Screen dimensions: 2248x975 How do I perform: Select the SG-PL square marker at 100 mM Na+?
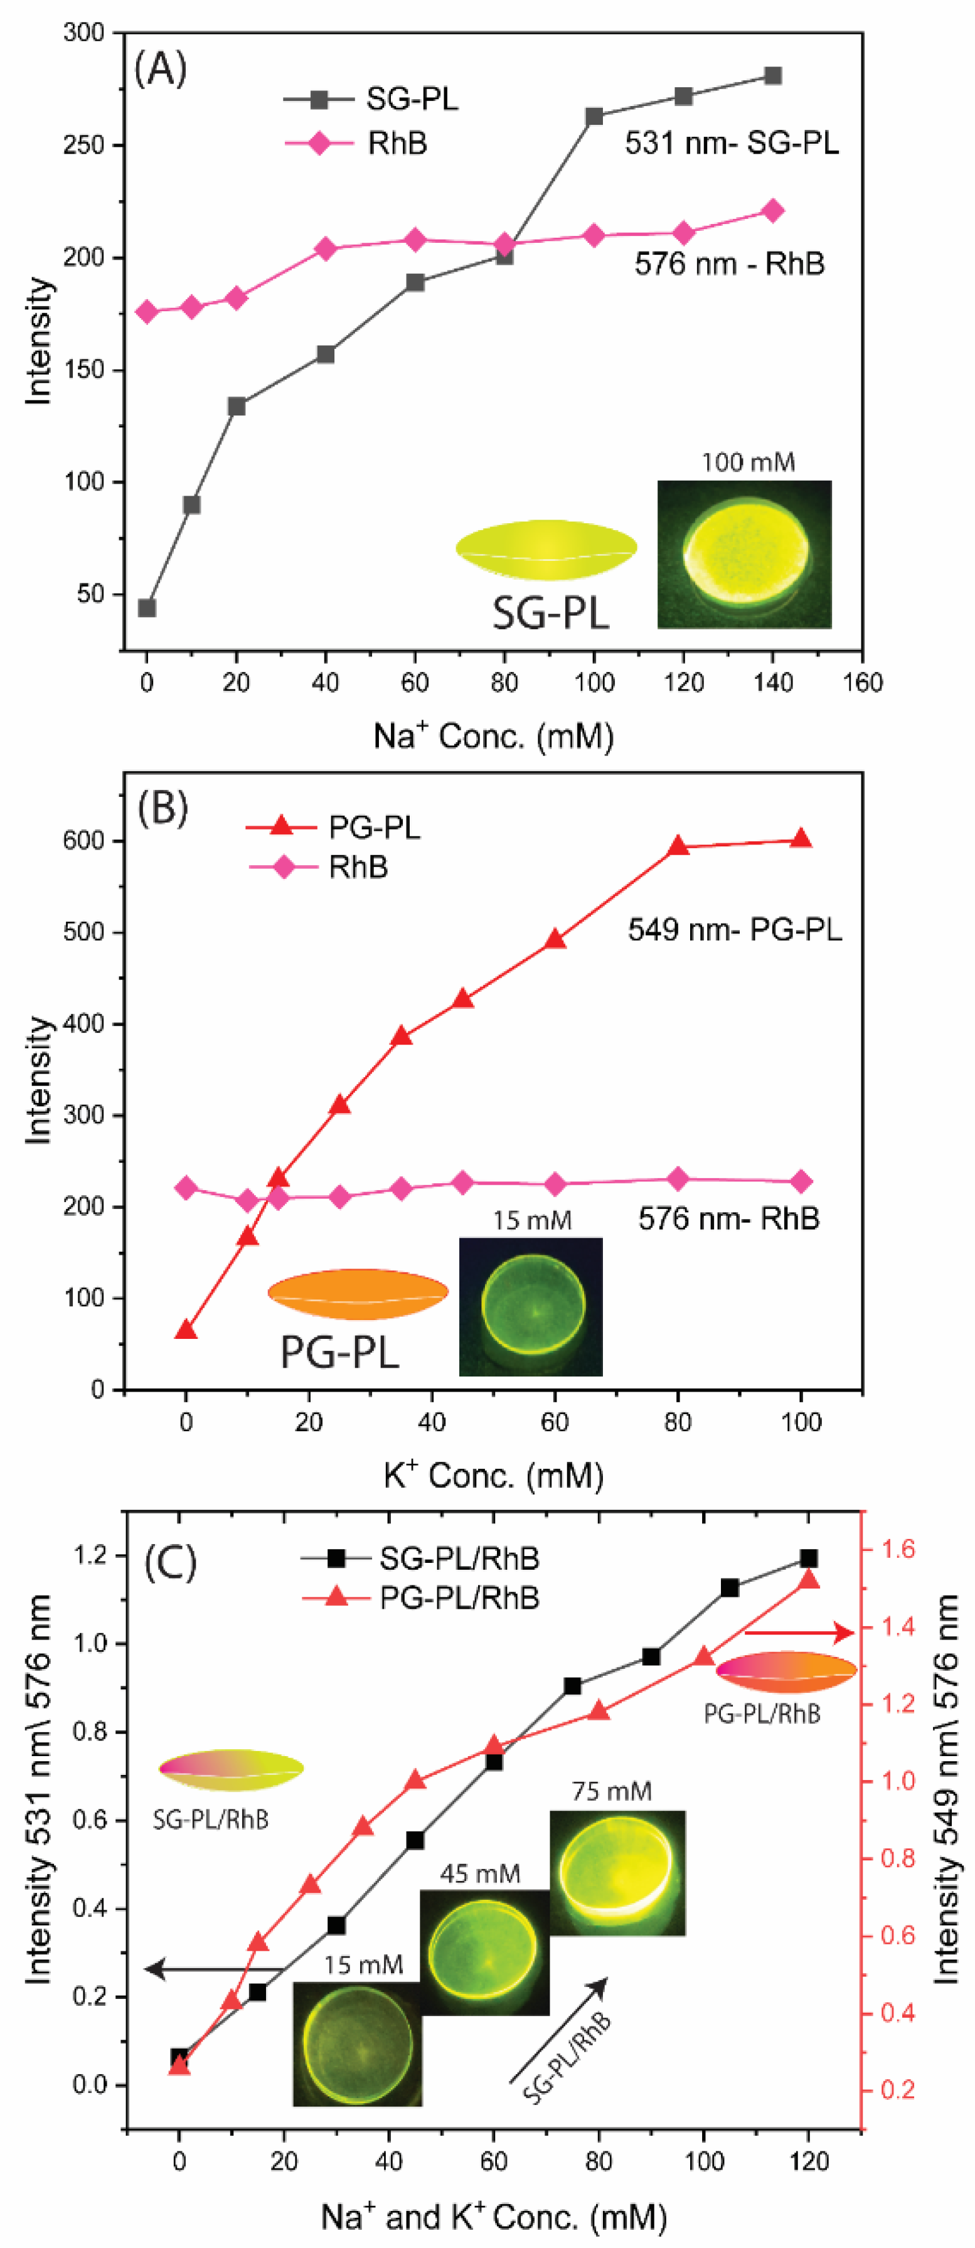(x=594, y=117)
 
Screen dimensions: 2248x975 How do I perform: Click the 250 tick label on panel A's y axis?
(x=84, y=145)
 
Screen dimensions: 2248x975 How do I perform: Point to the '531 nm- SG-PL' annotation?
(x=732, y=143)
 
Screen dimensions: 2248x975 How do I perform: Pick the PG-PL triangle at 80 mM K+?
(x=678, y=846)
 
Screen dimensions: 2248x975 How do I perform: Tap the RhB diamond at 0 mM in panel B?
(x=186, y=1188)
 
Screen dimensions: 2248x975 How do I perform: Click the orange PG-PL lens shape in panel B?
(x=358, y=1293)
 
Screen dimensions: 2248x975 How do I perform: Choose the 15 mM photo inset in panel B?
(x=531, y=1306)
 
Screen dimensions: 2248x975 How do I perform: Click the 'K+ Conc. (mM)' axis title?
(x=493, y=1474)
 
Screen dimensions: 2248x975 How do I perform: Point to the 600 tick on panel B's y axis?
(x=84, y=840)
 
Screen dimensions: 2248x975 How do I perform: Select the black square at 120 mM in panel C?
(x=808, y=1558)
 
